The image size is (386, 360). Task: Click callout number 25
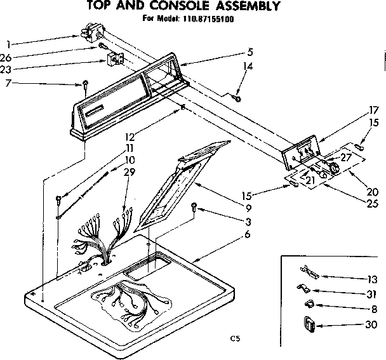point(373,204)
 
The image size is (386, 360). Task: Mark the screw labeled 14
point(237,98)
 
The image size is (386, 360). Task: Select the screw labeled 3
point(195,206)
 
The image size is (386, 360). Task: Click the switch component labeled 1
point(92,30)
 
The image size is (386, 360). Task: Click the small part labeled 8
point(309,304)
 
